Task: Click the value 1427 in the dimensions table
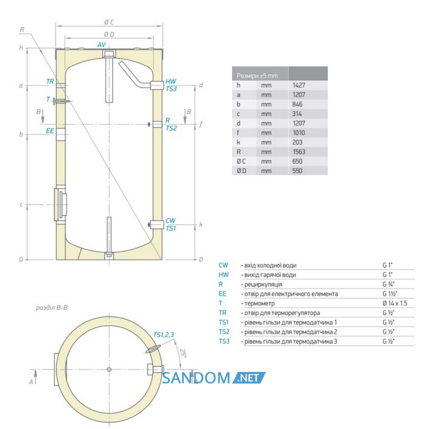click(299, 85)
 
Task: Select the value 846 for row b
click(297, 104)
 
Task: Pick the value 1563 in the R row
click(299, 152)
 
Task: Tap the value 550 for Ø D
click(297, 171)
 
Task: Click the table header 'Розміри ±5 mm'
click(257, 76)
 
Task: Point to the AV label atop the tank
click(102, 45)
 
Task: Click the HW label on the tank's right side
click(171, 82)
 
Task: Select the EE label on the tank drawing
click(50, 131)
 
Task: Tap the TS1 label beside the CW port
click(171, 229)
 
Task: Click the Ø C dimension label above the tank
click(109, 22)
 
